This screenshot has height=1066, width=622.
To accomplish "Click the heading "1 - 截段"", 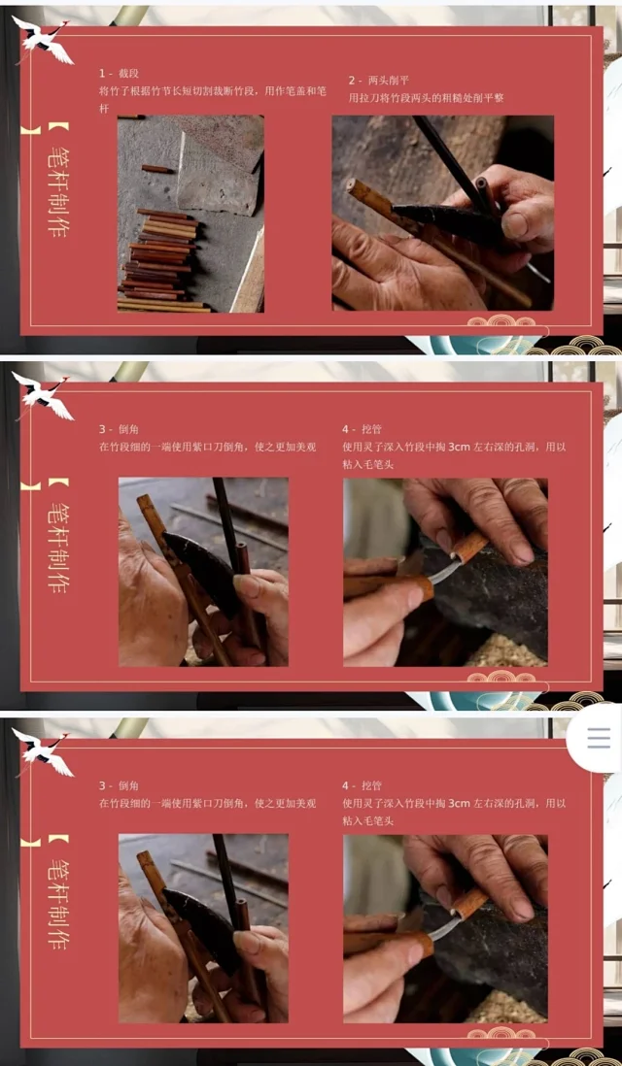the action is (120, 74).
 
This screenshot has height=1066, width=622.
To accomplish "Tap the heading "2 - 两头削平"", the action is (379, 81).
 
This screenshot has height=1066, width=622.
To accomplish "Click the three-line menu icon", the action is (599, 738).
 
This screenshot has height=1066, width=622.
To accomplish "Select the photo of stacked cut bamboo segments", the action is (190, 214).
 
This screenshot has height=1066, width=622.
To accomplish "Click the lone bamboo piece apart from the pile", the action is (157, 169).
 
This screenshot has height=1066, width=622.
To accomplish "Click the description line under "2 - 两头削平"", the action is (426, 99).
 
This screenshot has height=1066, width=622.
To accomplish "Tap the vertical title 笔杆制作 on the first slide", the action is (57, 183).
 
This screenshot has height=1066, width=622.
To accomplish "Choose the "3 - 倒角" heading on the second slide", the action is (120, 430).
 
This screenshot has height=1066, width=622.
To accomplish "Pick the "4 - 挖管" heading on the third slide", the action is (363, 785).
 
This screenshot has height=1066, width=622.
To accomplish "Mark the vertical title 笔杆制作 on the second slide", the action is (57, 540).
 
